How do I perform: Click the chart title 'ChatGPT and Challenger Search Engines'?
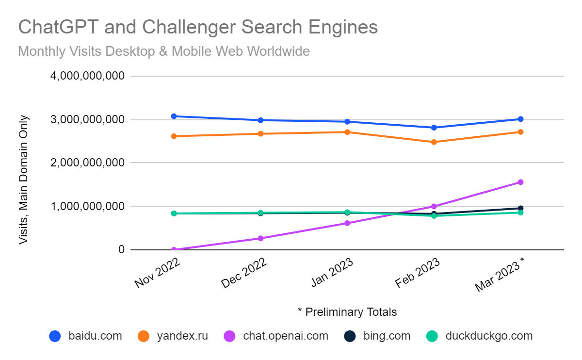(x=198, y=28)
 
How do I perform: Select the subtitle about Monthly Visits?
(x=164, y=51)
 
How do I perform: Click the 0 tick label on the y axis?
(x=121, y=250)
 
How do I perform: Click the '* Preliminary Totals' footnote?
(x=347, y=312)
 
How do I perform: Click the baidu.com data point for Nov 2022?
(x=174, y=116)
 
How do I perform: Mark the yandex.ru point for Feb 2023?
(x=434, y=142)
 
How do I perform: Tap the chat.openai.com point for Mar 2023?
(x=520, y=182)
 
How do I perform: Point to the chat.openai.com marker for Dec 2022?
(x=260, y=238)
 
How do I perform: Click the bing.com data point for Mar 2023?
(x=520, y=209)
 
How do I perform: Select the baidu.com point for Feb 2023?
(x=434, y=128)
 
